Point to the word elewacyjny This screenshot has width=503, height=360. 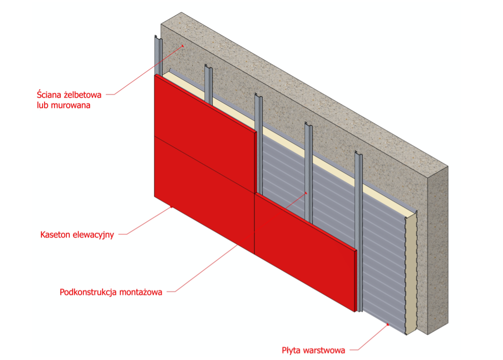coord(93,234)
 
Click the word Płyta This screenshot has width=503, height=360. coord(293,349)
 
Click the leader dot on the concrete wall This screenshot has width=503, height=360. coord(183,45)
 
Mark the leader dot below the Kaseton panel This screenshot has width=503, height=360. coord(172,207)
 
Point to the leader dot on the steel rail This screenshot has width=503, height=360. coord(306,192)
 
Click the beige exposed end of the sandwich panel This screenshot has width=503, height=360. coord(411,273)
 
